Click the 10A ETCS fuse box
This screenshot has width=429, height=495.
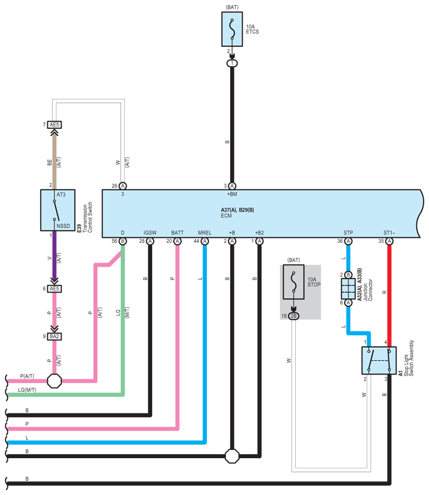[x=232, y=29]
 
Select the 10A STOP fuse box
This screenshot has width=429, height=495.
[x=294, y=282]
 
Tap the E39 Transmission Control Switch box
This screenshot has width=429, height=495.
[x=58, y=210]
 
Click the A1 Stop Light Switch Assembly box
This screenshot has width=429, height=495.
[x=379, y=360]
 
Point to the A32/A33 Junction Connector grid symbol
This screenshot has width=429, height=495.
[x=348, y=289]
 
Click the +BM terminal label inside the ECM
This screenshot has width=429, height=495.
[x=232, y=194]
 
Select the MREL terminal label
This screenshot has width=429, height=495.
[x=204, y=233]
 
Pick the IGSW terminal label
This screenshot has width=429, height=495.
[x=150, y=233]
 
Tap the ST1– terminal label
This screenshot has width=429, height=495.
[x=389, y=233]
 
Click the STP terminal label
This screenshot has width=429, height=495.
[x=348, y=233]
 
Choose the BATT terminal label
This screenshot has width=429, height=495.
[x=177, y=233]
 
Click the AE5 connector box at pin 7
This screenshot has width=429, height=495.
[x=54, y=125]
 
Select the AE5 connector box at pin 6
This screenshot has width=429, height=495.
[x=54, y=289]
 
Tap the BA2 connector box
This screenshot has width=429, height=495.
[x=54, y=337]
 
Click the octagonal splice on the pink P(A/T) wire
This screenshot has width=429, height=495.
[x=54, y=381]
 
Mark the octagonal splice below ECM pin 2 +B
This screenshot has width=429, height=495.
[x=232, y=456]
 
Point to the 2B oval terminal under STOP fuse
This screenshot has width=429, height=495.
[x=294, y=316]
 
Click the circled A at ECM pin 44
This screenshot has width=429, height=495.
[x=205, y=241]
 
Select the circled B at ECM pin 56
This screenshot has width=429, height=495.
[x=123, y=241]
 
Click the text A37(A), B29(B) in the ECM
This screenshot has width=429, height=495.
[x=237, y=210]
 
